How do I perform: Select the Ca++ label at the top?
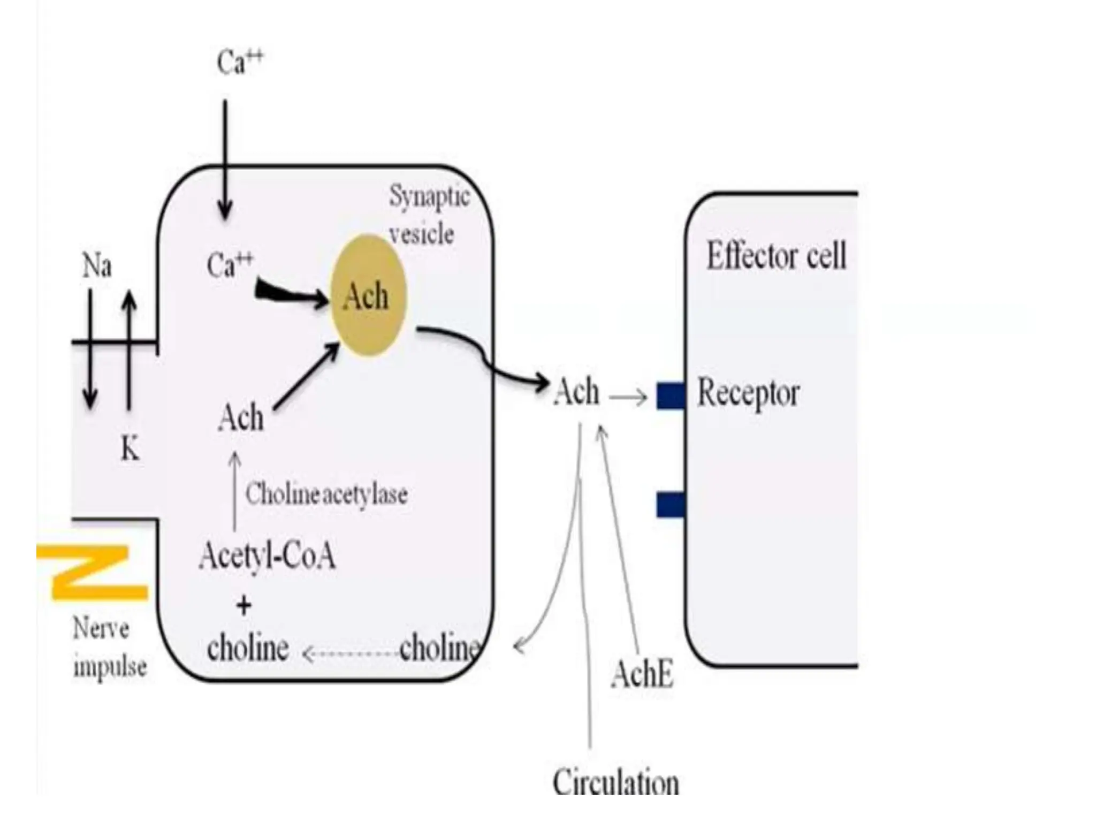click(x=240, y=62)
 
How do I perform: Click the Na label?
click(x=97, y=266)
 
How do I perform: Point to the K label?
click(x=130, y=448)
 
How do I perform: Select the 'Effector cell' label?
click(x=776, y=256)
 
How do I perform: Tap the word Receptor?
click(x=748, y=394)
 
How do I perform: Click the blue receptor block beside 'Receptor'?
click(x=671, y=396)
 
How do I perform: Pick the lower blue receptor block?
click(x=671, y=505)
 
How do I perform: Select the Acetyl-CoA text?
click(x=267, y=556)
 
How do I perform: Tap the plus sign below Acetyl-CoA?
click(x=243, y=606)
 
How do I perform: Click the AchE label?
click(x=642, y=674)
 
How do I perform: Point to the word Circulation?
click(x=615, y=782)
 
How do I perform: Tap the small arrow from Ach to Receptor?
click(x=629, y=398)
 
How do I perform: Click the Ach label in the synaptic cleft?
click(x=576, y=392)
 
